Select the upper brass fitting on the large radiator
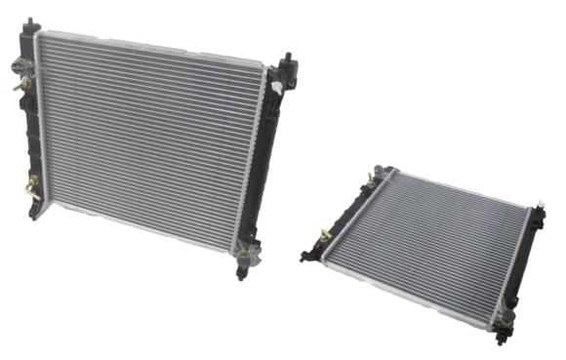tap(18, 69)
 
